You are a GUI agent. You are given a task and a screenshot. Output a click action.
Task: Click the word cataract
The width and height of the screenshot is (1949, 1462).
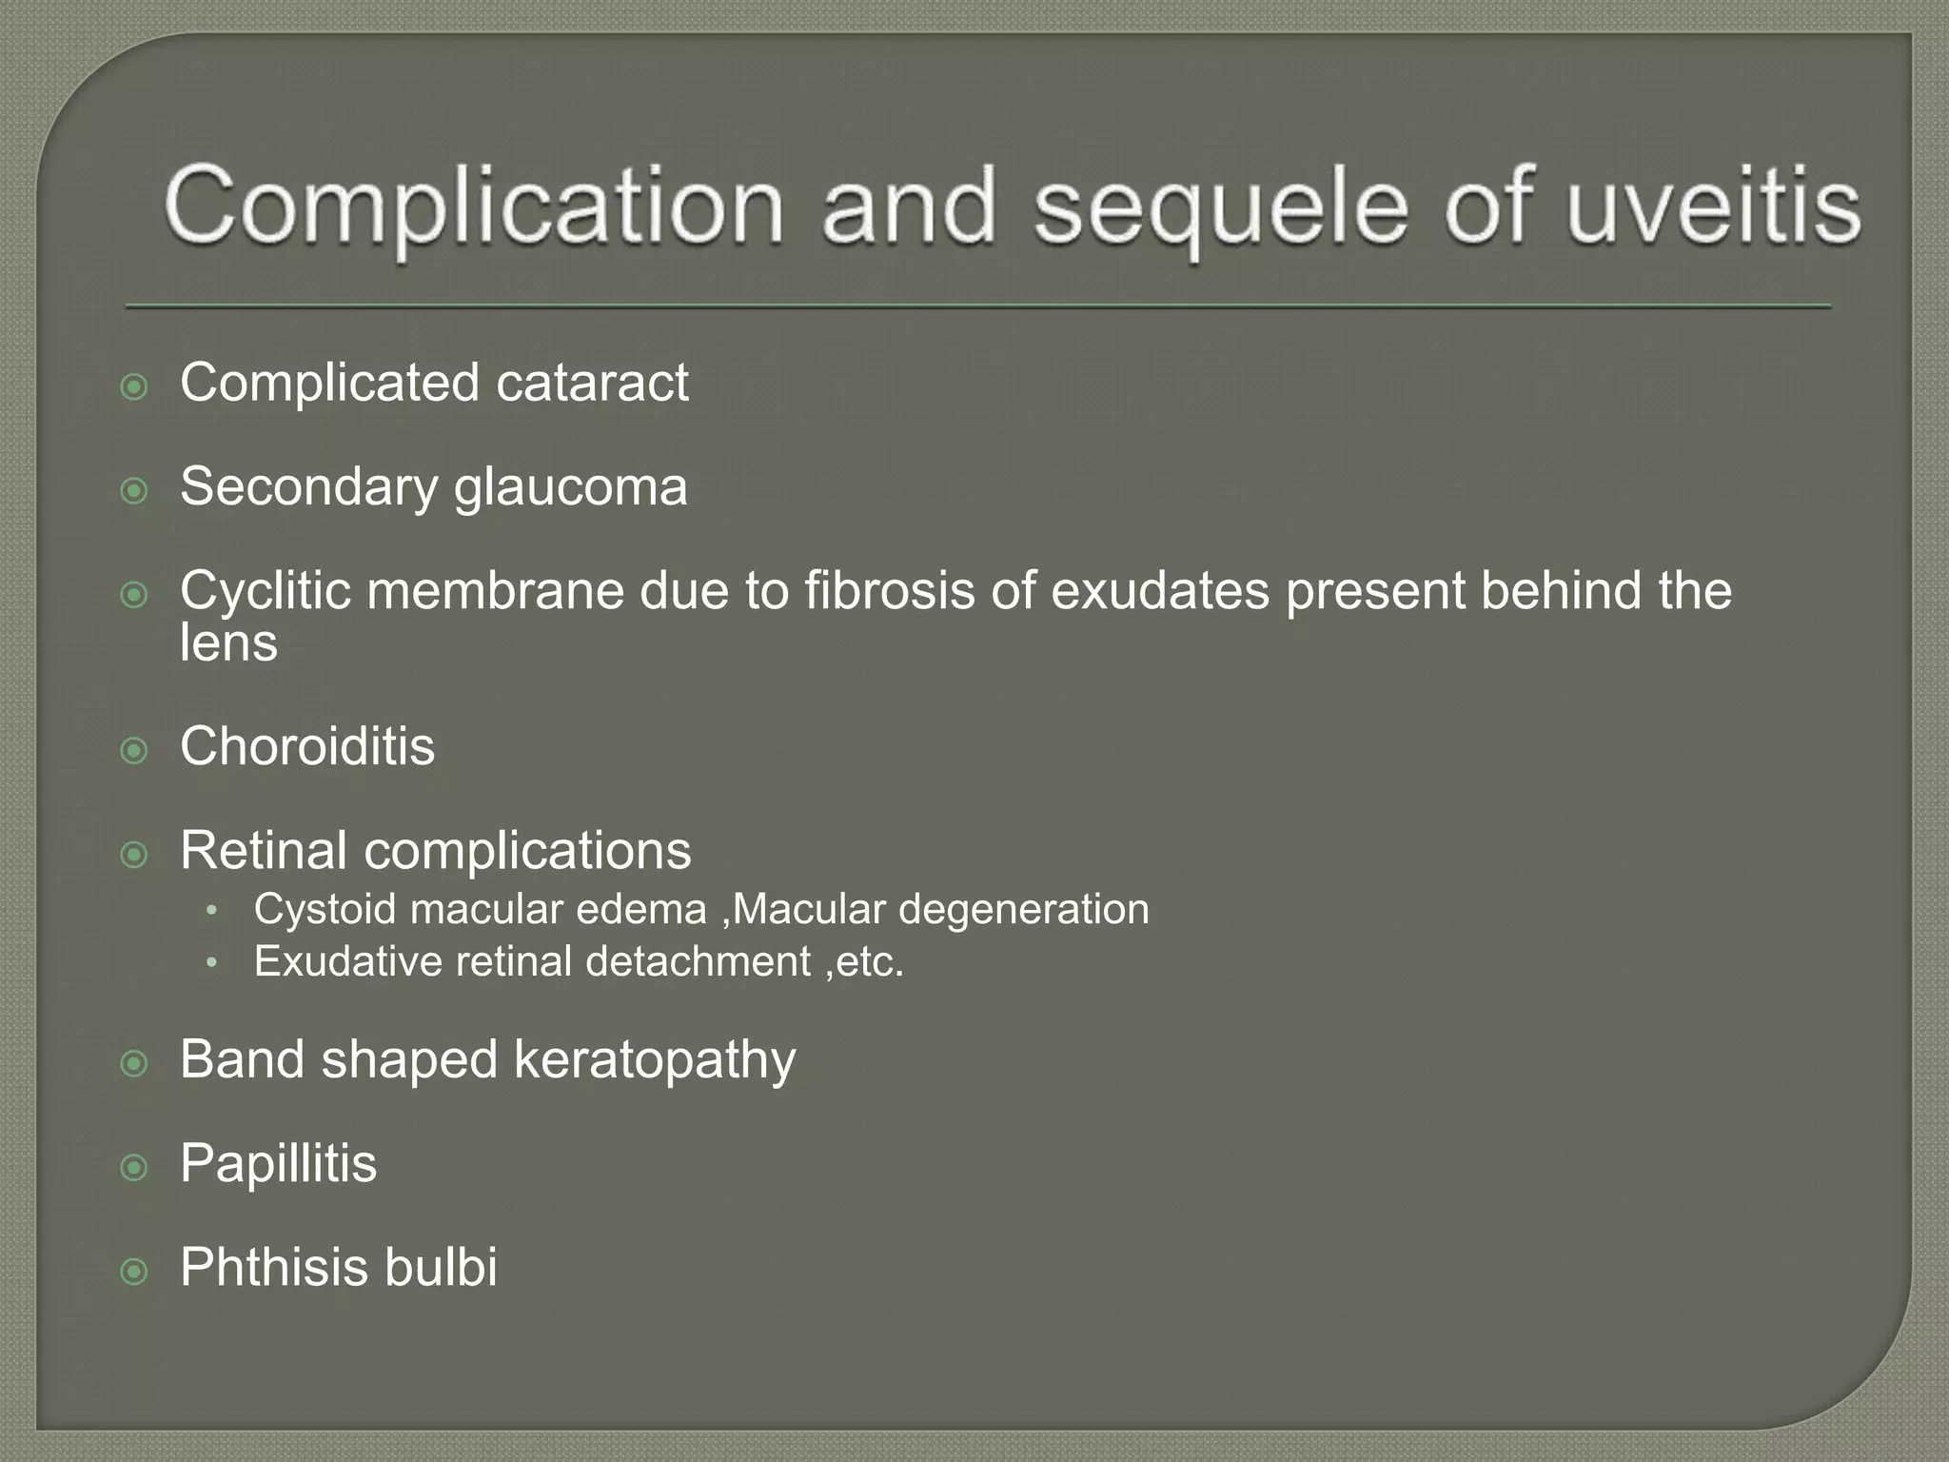(592, 383)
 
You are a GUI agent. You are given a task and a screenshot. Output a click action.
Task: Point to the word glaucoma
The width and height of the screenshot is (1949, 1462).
(570, 487)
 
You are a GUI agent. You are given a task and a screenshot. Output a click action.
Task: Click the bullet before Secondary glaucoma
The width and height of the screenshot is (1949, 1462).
(135, 491)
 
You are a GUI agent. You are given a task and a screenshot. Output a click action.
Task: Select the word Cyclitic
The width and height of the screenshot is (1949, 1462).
(266, 591)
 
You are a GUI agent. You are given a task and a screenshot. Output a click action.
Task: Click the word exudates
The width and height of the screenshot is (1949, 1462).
(1160, 590)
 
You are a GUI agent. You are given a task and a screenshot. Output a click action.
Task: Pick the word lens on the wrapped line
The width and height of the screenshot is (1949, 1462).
(228, 642)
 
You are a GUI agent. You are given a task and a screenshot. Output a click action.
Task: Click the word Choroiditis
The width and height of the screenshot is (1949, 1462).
(307, 745)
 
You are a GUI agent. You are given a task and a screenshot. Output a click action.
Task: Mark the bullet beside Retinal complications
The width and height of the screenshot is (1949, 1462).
(135, 855)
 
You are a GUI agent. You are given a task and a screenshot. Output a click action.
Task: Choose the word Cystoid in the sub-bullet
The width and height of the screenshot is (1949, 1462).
(325, 909)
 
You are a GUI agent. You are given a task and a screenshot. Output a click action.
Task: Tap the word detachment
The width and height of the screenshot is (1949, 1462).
(698, 961)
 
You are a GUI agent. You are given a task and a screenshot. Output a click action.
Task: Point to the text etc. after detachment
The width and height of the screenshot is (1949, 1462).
(870, 961)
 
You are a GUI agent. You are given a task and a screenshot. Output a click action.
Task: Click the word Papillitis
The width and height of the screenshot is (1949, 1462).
(278, 1163)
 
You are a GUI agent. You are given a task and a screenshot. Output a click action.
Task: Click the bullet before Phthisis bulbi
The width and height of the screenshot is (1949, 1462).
(135, 1272)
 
